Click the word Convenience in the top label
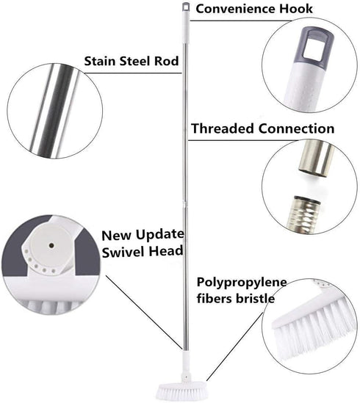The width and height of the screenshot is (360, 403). click(236, 9)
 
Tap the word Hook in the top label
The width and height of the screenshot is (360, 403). click(296, 9)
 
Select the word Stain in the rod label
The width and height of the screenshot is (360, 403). click(101, 62)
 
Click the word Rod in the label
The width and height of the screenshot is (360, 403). click(166, 62)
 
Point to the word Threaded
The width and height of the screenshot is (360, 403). click(223, 128)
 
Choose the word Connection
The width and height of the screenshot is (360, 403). click(296, 128)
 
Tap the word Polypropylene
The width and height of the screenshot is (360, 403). click(242, 283)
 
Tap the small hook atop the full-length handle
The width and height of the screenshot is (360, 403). click(186, 7)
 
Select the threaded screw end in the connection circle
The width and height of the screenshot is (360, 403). click(305, 214)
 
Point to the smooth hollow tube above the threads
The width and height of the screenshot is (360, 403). click(316, 159)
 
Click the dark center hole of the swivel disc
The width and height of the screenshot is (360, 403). click(51, 245)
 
